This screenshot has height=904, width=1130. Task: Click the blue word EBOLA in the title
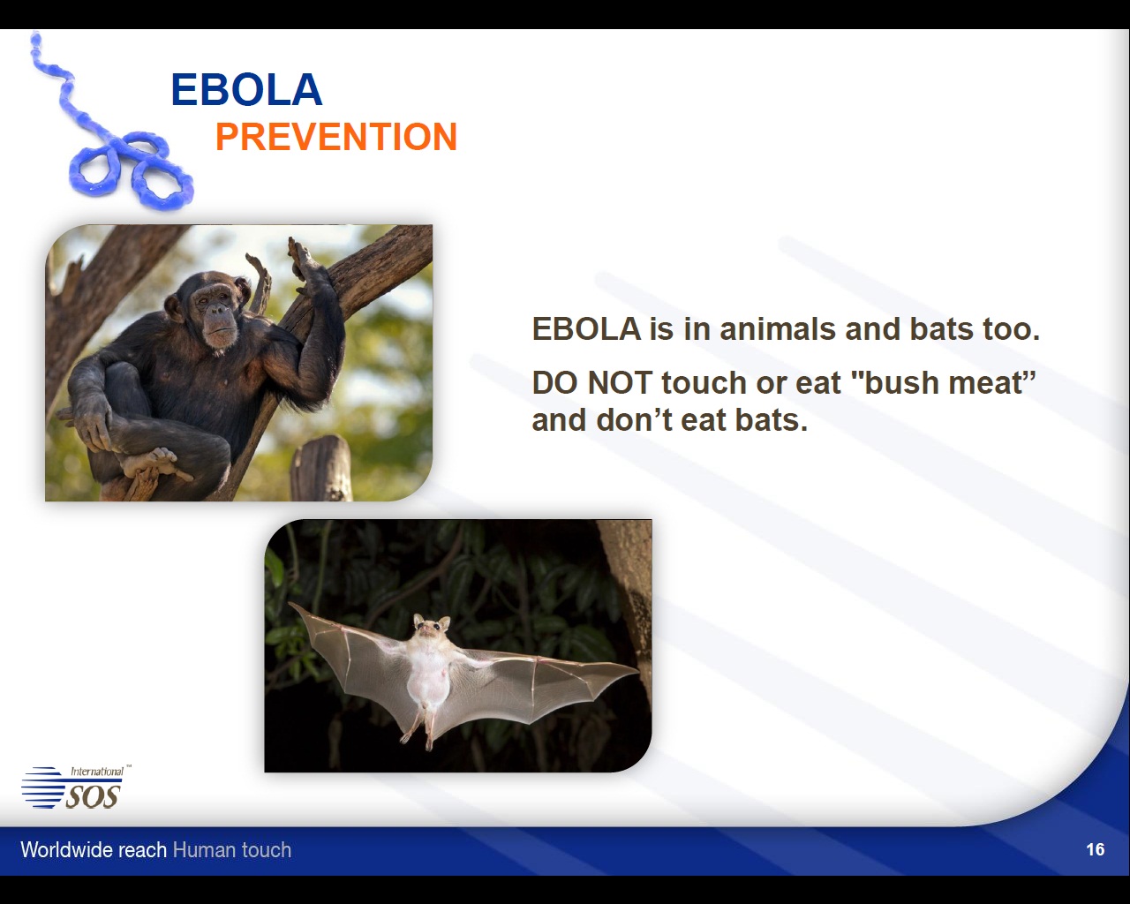click(246, 90)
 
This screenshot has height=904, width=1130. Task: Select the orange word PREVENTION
click(336, 137)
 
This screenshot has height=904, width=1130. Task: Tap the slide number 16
click(1095, 849)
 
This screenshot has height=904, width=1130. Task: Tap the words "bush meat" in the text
click(943, 382)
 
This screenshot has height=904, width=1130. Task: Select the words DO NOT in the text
click(592, 382)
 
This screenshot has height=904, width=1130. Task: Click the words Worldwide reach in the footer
click(94, 849)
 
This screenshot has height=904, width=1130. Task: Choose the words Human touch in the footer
click(232, 849)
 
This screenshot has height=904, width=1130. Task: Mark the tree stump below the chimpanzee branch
click(322, 468)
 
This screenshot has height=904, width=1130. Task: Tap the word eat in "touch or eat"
click(818, 383)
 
